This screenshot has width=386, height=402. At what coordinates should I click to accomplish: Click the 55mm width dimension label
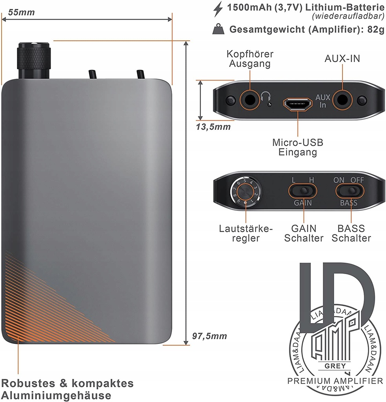pos(21,12)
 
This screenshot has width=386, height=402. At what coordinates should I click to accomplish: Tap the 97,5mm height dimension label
pos(209,336)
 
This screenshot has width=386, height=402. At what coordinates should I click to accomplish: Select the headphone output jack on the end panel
pos(250,100)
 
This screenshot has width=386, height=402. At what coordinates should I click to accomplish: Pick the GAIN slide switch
pos(303,191)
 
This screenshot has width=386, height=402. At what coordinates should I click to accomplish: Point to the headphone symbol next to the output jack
pos(266,96)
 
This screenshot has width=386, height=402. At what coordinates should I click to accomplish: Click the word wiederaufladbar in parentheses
pos(348,16)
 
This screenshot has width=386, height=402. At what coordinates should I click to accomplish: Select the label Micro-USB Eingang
pos(298,147)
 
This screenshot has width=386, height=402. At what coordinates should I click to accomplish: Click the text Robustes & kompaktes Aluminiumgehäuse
pos(68,389)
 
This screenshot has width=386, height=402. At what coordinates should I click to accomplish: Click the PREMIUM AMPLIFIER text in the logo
pos(335,380)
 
